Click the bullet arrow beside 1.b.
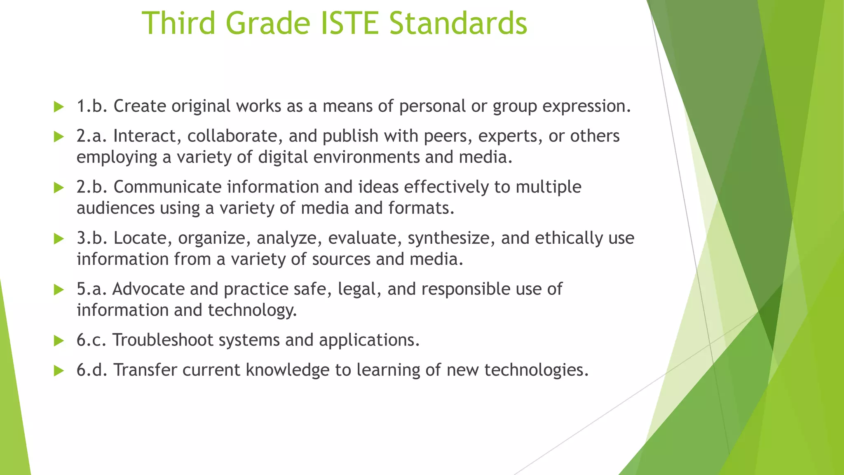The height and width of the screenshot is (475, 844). (x=59, y=107)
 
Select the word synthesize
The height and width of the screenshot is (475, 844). (x=451, y=239)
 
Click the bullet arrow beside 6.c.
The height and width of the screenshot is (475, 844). (x=59, y=341)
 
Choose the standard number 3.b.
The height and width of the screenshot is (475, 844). (x=92, y=238)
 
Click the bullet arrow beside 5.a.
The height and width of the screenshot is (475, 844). (x=59, y=290)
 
